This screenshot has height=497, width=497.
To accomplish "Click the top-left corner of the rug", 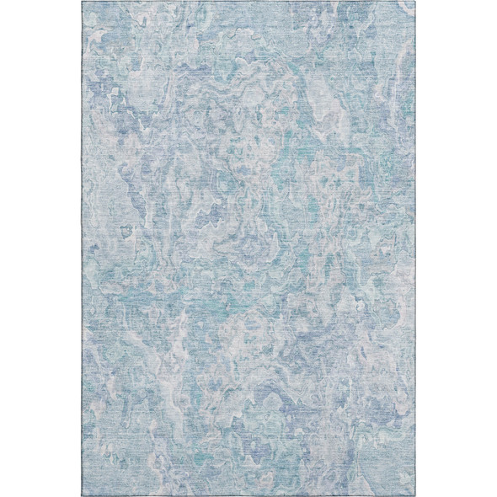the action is pos(84,2).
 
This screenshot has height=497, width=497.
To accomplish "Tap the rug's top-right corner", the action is pos(413,2).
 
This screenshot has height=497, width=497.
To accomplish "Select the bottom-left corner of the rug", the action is pos(84,495).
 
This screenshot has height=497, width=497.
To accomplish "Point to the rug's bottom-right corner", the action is pos(413,495).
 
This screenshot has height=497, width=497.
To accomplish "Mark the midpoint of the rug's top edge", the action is pos(248,2).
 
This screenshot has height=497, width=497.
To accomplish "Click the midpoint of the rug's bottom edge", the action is pos(248,495).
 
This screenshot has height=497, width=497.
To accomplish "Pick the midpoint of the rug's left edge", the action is pos(84,248).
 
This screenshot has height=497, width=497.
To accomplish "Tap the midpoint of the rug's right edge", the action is pos(413,248).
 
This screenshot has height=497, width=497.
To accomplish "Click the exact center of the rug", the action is pos(248,248).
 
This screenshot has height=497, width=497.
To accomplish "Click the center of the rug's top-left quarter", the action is pos(166,125).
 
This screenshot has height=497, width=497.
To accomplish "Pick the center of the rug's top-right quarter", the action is pos(331,125).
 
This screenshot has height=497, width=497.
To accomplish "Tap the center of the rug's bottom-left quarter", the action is pos(166,372).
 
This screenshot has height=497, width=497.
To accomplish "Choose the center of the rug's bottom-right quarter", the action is pos(331,372).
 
